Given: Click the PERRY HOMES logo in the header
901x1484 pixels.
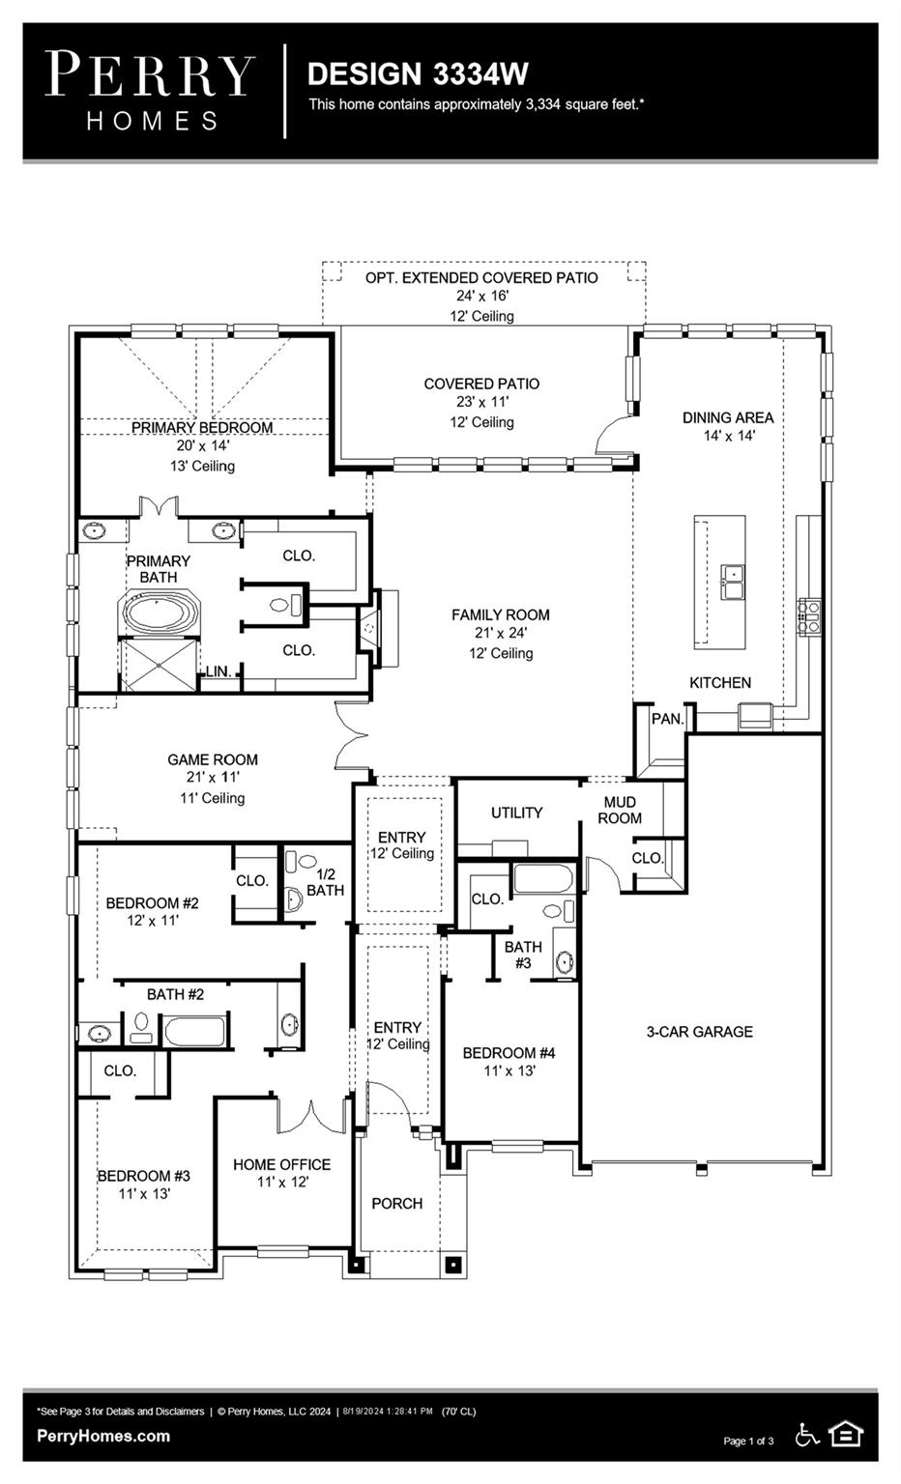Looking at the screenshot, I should (x=150, y=91).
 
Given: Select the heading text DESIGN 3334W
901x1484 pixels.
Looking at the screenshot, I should (x=418, y=74).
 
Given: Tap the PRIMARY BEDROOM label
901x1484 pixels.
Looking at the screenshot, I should (x=202, y=427).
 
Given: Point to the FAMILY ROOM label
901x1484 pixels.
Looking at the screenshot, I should (x=500, y=614).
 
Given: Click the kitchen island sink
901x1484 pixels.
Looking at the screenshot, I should (x=734, y=583).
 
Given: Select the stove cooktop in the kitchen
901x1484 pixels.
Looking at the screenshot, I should (x=808, y=615).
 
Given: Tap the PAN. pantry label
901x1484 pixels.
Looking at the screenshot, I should (x=667, y=719).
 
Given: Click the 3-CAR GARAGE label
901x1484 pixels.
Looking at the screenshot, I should (x=699, y=1032).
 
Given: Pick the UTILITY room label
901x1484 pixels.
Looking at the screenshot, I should (x=516, y=813).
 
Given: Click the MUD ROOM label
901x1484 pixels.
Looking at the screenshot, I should (x=620, y=810).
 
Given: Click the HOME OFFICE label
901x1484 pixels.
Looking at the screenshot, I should (x=281, y=1164).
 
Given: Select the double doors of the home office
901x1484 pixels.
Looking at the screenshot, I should (x=310, y=1118).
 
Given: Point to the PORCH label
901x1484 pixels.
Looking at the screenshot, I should (x=396, y=1203).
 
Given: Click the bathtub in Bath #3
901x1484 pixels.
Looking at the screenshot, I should (x=543, y=878).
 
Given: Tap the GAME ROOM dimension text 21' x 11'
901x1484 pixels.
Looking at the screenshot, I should (x=213, y=778).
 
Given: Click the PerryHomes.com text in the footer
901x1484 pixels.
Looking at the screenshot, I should (x=103, y=1436).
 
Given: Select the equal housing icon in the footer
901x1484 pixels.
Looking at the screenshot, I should (x=846, y=1435).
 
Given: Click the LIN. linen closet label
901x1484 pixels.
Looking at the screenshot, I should (x=218, y=671).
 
